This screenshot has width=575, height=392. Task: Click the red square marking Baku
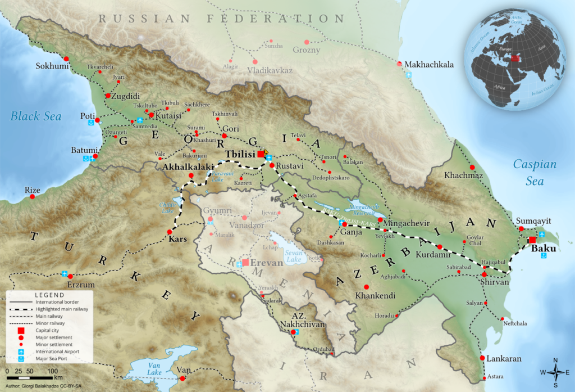click(x=532, y=241)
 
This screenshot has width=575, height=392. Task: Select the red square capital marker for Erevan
click(x=245, y=262)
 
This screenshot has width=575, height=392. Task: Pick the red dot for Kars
click(x=169, y=232)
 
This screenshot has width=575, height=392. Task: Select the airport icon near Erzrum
click(x=65, y=274)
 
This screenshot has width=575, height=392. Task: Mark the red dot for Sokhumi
click(x=66, y=59)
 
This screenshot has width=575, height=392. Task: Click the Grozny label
click(x=306, y=50)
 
